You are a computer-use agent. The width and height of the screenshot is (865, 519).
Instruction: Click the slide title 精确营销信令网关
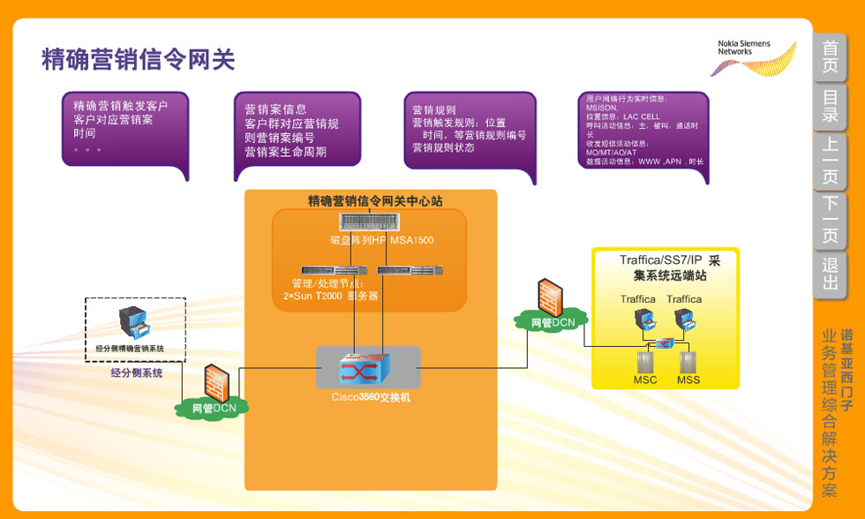(x=139, y=59)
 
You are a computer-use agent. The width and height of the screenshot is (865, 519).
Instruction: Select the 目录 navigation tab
(x=830, y=105)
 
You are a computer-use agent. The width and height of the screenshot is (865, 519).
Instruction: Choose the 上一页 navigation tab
(x=830, y=161)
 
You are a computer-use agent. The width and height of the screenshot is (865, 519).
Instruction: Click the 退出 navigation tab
(x=830, y=273)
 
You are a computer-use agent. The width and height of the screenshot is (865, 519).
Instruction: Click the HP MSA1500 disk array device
(x=369, y=222)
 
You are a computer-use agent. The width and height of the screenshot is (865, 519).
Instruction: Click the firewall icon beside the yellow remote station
(x=551, y=296)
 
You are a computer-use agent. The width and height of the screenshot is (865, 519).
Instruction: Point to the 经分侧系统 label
(x=137, y=373)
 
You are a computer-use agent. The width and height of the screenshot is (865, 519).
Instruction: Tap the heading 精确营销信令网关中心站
(x=375, y=201)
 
